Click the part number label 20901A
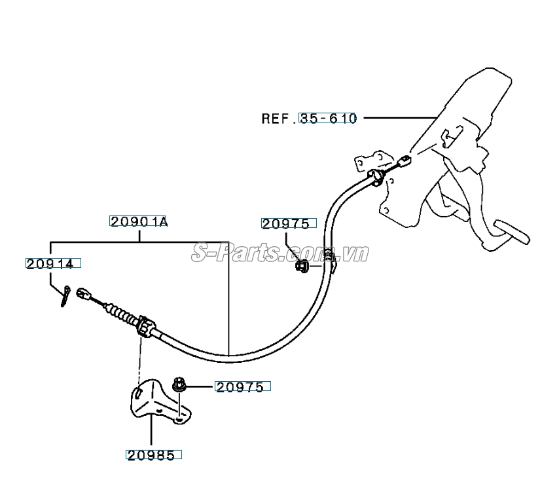[x=139, y=222]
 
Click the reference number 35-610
[x=328, y=119]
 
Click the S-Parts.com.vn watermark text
[x=279, y=253]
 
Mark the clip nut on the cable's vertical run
[x=302, y=267]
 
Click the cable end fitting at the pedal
[x=405, y=160]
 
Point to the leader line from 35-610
[x=399, y=118]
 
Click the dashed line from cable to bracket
[x=139, y=360]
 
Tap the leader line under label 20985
[x=151, y=433]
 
